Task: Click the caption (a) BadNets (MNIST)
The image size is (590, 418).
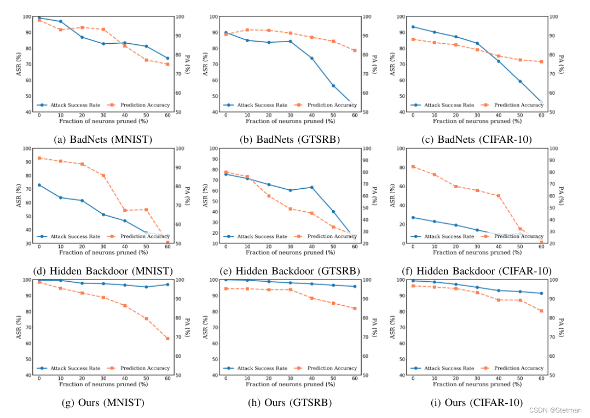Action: (103, 140)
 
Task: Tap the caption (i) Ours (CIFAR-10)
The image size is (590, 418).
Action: (477, 402)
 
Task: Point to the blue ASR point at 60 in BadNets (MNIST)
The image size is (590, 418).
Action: (167, 58)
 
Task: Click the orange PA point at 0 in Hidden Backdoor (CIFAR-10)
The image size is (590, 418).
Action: (413, 166)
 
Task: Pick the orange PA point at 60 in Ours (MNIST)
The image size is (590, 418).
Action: (167, 338)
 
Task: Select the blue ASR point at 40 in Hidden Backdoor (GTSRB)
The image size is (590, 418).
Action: (311, 187)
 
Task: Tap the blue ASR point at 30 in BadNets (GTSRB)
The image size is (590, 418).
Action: (290, 41)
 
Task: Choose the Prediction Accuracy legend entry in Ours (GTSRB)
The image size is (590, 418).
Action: (326, 368)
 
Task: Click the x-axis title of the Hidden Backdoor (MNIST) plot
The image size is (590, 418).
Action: (103, 253)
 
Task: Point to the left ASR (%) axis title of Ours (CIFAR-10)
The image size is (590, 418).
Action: (392, 327)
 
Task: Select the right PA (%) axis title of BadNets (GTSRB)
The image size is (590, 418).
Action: (375, 64)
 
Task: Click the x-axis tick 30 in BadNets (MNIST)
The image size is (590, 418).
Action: (103, 115)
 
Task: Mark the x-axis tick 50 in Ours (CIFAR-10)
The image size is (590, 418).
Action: (520, 379)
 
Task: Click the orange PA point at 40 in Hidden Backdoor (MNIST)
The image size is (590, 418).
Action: (125, 210)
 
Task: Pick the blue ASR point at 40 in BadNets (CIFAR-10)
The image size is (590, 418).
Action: (499, 61)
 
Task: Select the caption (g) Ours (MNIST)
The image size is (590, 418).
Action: (103, 402)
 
